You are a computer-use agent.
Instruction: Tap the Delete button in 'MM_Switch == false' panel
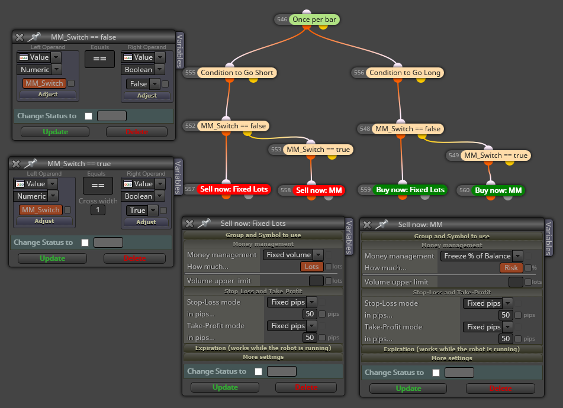(x=137, y=132)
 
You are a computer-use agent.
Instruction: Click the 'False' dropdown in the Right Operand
(x=143, y=84)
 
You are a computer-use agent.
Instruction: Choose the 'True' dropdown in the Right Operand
(x=142, y=211)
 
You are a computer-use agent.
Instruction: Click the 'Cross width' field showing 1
(x=98, y=210)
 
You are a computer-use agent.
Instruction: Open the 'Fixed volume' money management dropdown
(x=293, y=255)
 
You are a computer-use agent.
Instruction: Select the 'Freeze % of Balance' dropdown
(x=481, y=256)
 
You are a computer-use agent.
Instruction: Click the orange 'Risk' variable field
(x=511, y=268)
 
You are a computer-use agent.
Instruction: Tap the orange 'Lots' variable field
(x=311, y=267)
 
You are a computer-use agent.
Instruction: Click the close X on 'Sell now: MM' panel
(x=367, y=225)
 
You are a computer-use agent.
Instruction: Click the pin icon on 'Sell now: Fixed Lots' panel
(x=203, y=224)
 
